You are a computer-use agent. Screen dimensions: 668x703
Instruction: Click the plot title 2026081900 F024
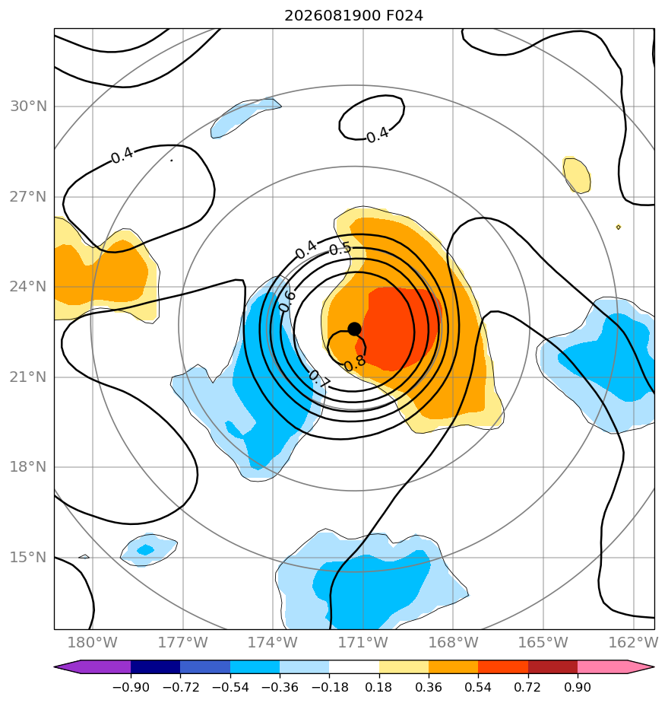tap(353, 16)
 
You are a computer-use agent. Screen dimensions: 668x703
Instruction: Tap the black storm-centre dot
tap(354, 329)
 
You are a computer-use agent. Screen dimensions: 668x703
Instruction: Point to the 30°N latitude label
tap(28, 107)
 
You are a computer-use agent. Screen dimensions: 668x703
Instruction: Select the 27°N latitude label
tap(28, 197)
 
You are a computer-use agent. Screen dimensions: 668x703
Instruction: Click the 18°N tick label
tap(28, 467)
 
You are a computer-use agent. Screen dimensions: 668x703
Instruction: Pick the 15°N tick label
tap(28, 557)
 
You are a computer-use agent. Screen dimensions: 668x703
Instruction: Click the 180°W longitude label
tap(92, 642)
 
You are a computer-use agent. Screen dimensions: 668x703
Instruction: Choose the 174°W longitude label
tap(273, 642)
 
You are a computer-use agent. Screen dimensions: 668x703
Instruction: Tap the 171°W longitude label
tap(362, 642)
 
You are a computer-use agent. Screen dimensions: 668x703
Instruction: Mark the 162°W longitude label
tap(633, 642)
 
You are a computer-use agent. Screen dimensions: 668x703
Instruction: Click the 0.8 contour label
tap(355, 362)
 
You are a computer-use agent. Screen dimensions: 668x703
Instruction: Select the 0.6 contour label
tap(287, 301)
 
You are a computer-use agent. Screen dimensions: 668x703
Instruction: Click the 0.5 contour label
tap(340, 250)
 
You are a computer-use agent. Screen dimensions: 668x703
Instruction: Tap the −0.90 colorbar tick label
tap(131, 687)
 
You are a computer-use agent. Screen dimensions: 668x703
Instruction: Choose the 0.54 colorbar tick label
tap(478, 687)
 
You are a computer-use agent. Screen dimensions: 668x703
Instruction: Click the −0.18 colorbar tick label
tap(329, 687)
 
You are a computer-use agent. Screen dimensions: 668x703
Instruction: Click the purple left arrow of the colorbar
tap(92, 666)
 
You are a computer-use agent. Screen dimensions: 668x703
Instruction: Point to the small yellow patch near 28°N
tap(577, 175)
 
